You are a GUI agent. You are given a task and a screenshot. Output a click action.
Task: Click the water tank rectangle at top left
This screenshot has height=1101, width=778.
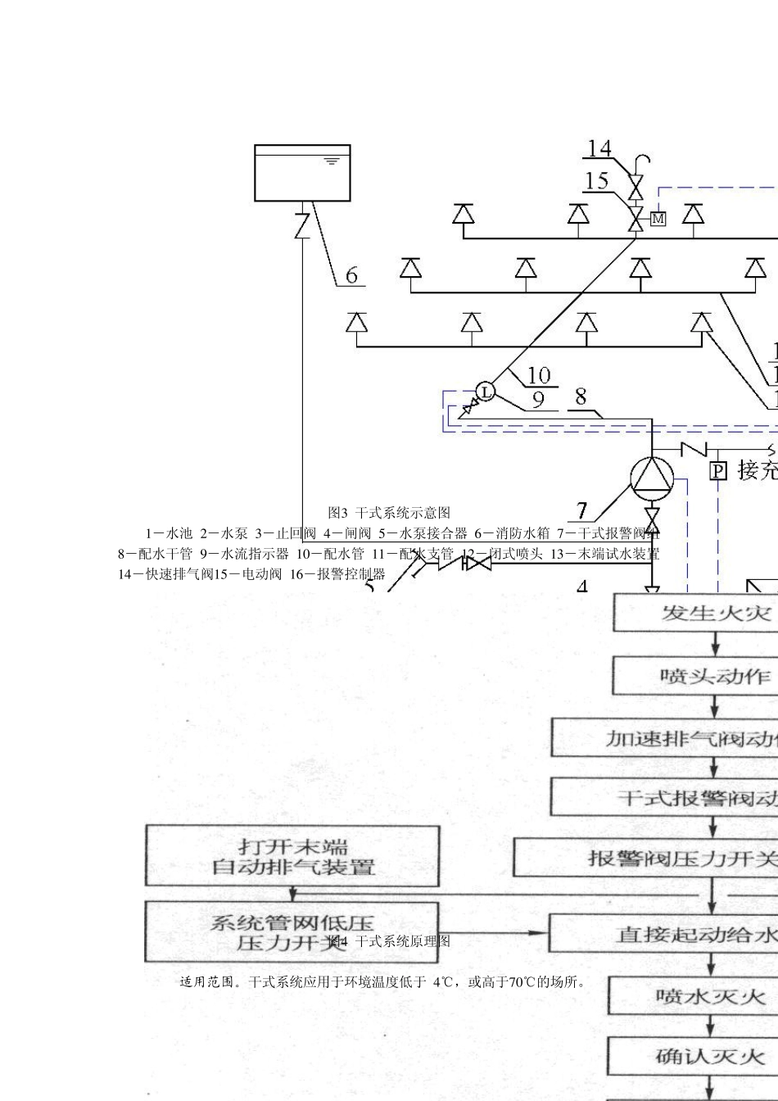302,173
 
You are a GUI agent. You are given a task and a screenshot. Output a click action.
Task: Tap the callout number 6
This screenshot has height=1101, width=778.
351,274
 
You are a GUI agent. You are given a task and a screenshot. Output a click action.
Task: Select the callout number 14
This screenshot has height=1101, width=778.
599,148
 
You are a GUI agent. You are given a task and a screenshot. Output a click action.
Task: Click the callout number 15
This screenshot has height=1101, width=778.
596,180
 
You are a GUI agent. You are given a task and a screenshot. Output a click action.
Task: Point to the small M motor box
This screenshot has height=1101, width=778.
658,219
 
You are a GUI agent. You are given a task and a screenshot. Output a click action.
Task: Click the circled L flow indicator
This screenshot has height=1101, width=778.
486,392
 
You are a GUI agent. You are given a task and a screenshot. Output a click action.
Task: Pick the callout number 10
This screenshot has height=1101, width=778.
538,375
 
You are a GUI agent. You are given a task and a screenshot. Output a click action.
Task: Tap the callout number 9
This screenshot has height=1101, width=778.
538,400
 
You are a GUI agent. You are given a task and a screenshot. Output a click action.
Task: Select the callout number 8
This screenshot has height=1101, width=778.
581,397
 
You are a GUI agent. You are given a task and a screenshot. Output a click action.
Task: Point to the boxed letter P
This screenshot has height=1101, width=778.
717,470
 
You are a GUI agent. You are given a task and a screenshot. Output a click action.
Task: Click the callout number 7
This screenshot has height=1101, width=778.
582,511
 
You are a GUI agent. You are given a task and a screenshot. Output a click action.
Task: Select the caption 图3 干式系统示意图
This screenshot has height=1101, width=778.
389,513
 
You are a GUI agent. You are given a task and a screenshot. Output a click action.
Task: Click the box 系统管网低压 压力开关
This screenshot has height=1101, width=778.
292,931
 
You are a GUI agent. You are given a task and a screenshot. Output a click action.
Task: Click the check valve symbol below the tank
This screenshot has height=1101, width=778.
302,223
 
